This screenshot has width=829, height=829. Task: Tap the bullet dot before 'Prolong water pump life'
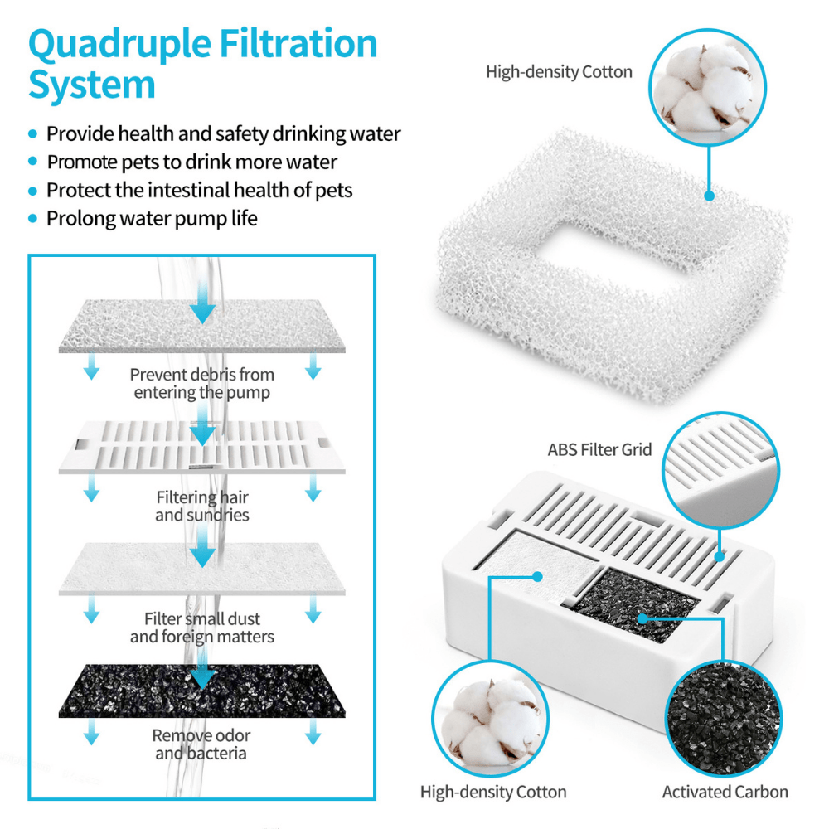tap(33, 219)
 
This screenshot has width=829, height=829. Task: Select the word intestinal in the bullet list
tap(190, 190)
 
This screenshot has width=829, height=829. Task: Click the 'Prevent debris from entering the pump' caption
tap(201, 383)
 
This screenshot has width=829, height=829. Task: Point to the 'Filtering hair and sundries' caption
tap(201, 506)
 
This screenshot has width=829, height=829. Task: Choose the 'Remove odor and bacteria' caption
tap(201, 744)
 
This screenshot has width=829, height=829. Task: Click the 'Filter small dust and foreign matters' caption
tap(201, 628)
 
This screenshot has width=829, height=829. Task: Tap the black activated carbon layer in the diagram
tap(201, 690)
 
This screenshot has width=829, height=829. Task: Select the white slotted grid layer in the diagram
tap(201, 446)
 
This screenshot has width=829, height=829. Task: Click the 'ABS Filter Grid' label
tap(599, 450)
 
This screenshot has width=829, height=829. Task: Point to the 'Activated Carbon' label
tap(725, 793)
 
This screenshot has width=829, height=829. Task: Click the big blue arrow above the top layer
tap(201, 312)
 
